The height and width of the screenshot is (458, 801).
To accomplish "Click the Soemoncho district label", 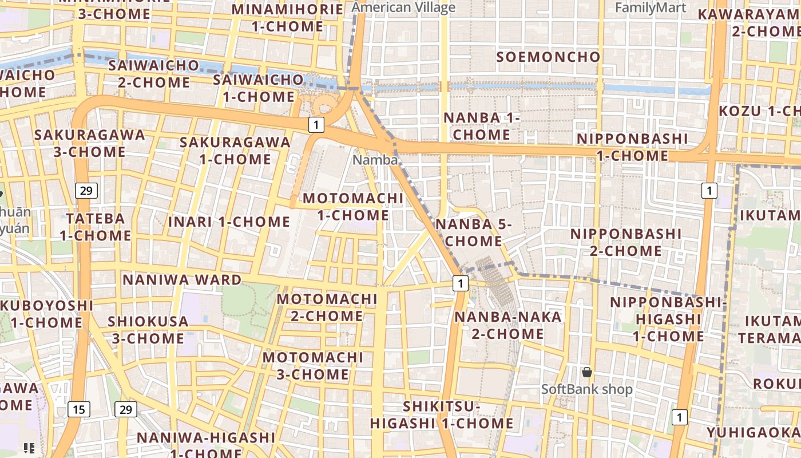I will tap(549, 57).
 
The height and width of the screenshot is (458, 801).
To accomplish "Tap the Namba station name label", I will tap(375, 160).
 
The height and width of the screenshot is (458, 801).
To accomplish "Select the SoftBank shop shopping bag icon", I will tap(587, 373).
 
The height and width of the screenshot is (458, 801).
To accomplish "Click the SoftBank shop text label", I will tap(587, 390).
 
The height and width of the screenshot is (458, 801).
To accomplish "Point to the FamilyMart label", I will tap(651, 7).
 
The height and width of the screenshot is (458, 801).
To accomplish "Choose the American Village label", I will tap(403, 7).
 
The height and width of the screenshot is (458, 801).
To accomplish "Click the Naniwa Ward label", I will tap(182, 279).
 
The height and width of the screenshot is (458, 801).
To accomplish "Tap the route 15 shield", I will tap(78, 409).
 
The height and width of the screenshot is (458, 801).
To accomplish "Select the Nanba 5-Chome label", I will tap(474, 232).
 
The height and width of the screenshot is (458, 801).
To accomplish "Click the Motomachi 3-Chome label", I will tap(312, 366).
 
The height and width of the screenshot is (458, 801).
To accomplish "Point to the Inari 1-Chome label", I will tap(229, 221).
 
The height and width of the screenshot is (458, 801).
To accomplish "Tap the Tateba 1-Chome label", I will tap(96, 227).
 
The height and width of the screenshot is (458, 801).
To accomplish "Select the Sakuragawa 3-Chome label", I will tap(90, 143).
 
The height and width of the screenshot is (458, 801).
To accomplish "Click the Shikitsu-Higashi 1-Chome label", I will tap(441, 415).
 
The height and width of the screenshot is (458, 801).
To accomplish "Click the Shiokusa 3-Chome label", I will tap(148, 330).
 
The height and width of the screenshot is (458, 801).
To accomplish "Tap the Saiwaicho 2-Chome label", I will tap(154, 73).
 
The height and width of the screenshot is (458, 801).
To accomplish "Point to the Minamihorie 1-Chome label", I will tap(287, 18).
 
